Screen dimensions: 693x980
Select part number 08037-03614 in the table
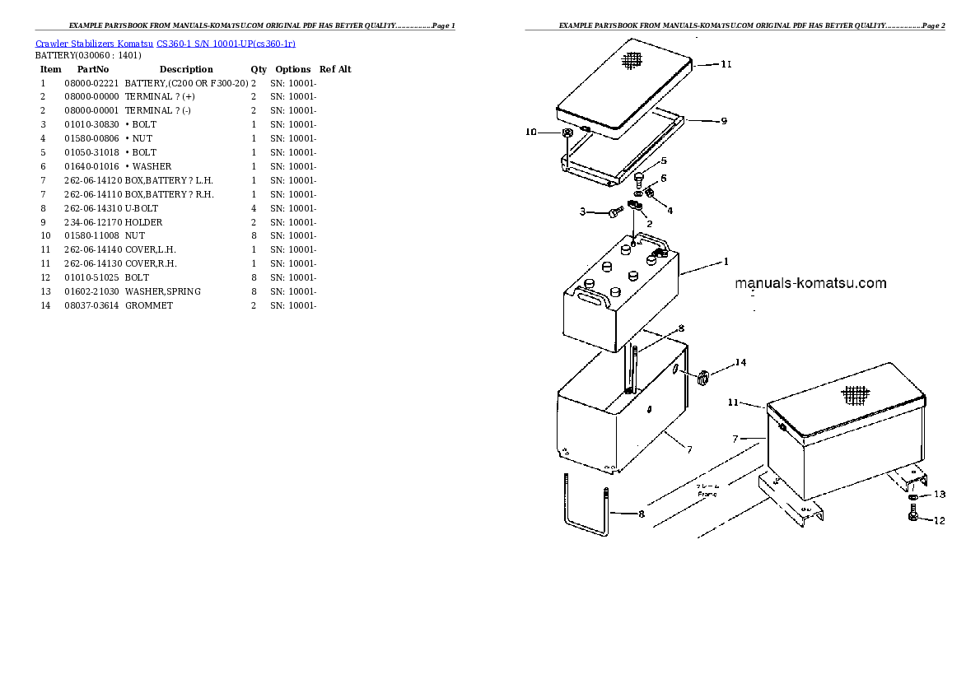[x=91, y=305]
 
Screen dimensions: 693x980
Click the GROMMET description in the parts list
[x=149, y=305]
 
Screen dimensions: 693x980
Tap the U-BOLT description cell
[x=142, y=208]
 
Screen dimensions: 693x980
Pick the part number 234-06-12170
[x=91, y=222]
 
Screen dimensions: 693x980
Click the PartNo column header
[x=93, y=69]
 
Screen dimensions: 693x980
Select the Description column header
[x=186, y=69]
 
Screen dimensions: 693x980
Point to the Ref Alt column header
[x=335, y=69]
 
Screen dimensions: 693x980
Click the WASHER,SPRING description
[x=163, y=291]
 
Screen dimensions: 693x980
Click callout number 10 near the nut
[x=531, y=132]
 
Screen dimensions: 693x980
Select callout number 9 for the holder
[x=723, y=122]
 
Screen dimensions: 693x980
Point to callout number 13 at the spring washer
[x=940, y=495]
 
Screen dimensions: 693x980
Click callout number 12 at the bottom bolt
[x=940, y=520]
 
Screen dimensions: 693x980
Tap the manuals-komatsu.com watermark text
[x=810, y=283]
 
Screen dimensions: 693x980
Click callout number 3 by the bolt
[x=582, y=212]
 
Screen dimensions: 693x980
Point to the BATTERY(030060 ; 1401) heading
[x=88, y=55]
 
